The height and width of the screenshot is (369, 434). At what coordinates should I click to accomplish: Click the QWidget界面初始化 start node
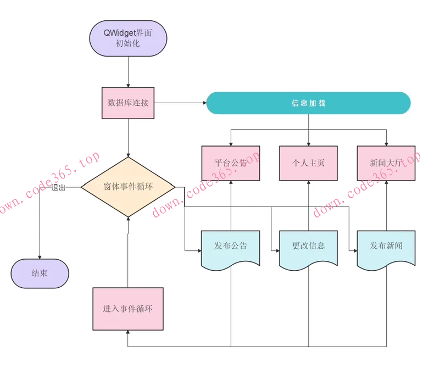(x=128, y=38)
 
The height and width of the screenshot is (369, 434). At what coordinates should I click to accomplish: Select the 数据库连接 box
(x=128, y=103)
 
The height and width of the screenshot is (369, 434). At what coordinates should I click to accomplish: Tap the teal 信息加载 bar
(x=308, y=103)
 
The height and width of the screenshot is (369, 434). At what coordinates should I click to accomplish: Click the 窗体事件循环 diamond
(x=128, y=187)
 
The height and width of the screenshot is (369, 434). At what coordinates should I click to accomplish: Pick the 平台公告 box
(x=231, y=163)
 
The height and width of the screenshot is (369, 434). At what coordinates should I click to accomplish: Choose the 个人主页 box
(x=308, y=163)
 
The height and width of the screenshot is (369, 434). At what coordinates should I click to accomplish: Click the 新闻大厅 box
(x=386, y=163)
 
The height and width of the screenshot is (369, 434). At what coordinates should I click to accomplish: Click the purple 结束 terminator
(x=40, y=273)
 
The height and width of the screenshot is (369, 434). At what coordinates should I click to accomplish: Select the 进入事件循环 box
(x=128, y=309)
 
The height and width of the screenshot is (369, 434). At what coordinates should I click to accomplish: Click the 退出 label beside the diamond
(x=59, y=187)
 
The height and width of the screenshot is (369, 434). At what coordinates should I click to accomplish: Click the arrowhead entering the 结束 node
(x=40, y=256)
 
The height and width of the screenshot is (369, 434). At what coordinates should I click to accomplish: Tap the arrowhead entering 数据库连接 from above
(x=128, y=85)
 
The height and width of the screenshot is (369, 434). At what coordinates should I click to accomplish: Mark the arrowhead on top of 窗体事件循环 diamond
(x=128, y=155)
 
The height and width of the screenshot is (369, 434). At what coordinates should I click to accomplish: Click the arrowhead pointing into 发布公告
(x=199, y=250)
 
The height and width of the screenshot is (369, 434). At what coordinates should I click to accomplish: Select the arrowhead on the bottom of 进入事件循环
(x=128, y=332)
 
